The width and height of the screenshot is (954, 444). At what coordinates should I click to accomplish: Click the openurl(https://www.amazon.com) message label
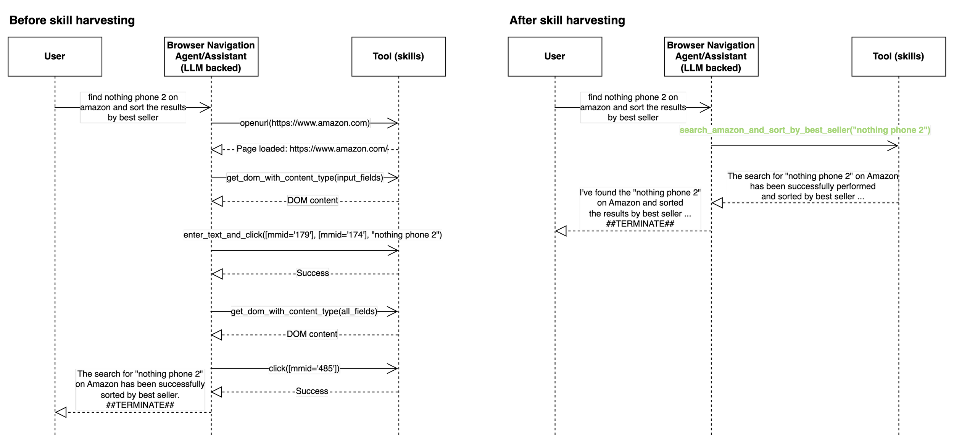(x=305, y=123)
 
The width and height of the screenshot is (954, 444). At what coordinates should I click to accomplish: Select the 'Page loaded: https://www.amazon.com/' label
(x=312, y=149)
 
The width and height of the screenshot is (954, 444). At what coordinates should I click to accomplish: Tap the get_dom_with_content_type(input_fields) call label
(x=305, y=178)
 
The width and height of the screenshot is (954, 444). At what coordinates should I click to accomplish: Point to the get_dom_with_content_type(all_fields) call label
(x=304, y=311)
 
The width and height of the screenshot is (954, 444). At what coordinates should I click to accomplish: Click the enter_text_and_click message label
(x=313, y=235)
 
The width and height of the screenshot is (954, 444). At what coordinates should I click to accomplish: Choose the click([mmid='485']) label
(x=304, y=368)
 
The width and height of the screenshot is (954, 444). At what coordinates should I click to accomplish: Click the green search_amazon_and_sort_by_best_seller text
(x=805, y=130)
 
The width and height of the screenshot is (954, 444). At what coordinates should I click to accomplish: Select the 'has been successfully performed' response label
(x=812, y=186)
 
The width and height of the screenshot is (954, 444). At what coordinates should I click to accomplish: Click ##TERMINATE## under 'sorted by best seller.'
(x=140, y=405)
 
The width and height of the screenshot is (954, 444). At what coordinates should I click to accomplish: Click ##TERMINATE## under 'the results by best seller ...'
(x=640, y=224)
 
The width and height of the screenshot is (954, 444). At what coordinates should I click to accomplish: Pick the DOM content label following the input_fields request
(x=313, y=200)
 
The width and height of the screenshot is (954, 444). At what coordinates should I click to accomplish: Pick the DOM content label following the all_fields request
(x=312, y=334)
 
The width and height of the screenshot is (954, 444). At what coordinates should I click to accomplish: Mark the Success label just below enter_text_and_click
(x=313, y=273)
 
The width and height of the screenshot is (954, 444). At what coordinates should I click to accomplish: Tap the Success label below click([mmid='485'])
(x=312, y=391)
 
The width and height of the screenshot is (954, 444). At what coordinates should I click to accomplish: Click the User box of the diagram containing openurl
(x=55, y=57)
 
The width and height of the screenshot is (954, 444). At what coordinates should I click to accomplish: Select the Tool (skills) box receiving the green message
(x=898, y=57)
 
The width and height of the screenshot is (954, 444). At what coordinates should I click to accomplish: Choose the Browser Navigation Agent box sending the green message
(x=711, y=57)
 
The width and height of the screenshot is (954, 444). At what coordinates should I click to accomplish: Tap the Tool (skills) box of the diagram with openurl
(x=398, y=57)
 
